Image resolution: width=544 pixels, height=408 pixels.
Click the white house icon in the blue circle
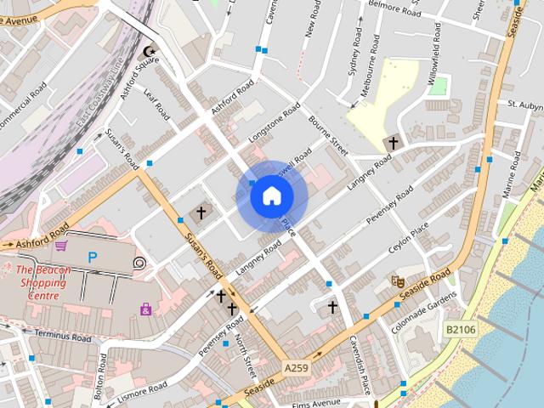271,196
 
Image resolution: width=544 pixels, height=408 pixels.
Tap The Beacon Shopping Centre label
42,282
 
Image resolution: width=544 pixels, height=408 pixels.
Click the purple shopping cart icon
61,246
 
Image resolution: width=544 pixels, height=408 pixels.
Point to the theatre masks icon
396,280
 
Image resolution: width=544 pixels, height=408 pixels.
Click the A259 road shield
295,367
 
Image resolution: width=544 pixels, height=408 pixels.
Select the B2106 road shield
460,327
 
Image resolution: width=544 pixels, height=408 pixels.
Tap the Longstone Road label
274,125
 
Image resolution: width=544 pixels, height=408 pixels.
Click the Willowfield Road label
436,48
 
